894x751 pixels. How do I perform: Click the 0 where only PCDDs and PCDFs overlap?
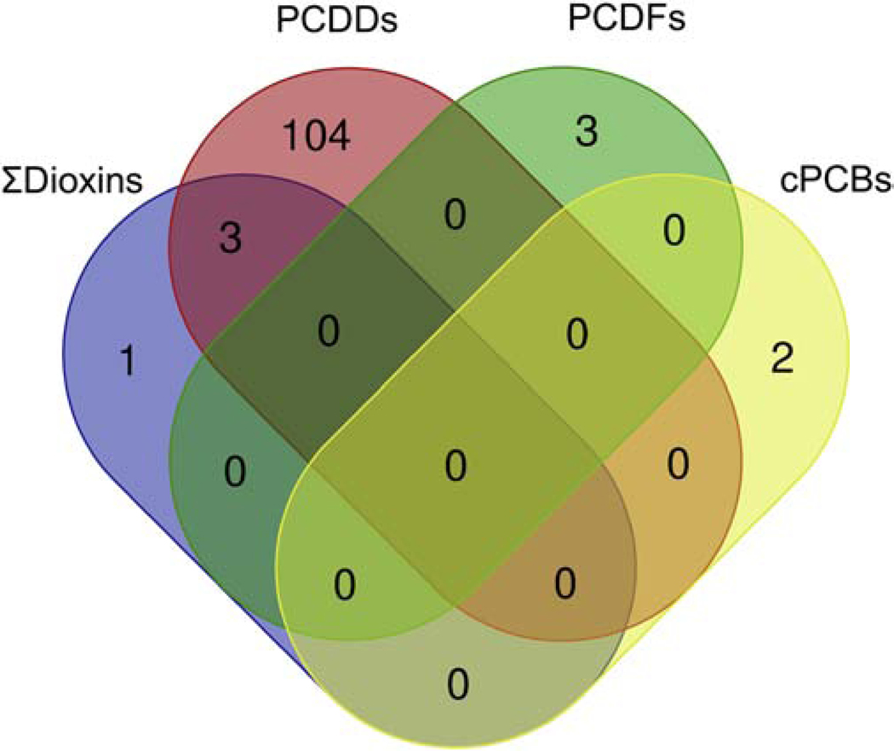[x=456, y=216]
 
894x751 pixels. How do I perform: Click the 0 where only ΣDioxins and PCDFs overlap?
[x=235, y=471]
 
